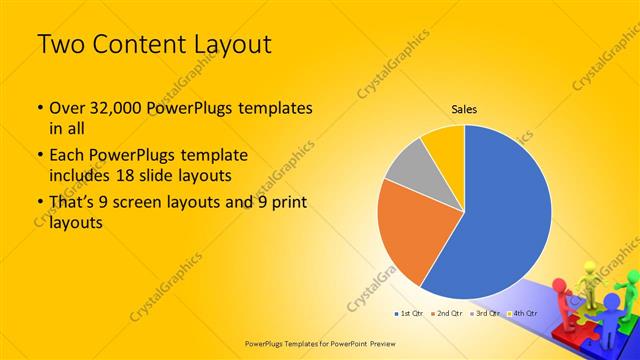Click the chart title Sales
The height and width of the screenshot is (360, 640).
(x=464, y=109)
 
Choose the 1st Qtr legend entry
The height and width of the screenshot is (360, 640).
(x=412, y=314)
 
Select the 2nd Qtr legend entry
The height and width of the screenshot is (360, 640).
(x=449, y=314)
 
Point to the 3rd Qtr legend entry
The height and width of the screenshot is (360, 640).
(x=486, y=314)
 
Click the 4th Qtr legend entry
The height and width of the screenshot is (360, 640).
(x=524, y=314)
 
